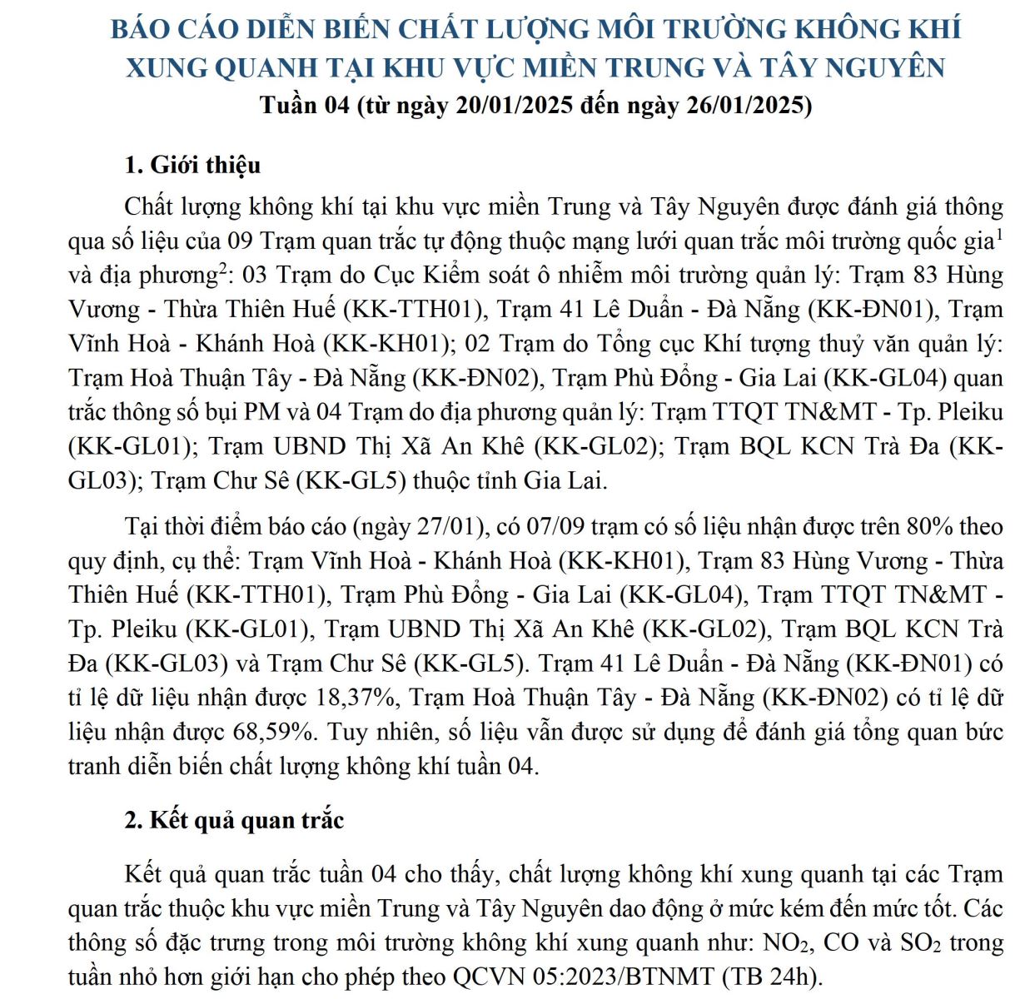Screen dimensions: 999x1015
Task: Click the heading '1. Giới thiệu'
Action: (192, 165)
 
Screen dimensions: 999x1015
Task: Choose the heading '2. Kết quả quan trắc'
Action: (234, 820)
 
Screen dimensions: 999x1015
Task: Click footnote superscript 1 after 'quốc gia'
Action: (998, 234)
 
